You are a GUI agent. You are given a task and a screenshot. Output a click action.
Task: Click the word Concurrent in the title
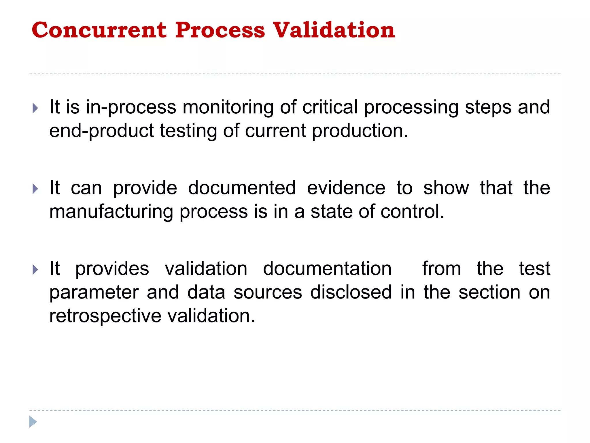99,30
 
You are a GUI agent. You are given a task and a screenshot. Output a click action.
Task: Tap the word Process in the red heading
220,30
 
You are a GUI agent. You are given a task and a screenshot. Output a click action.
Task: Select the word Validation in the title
334,30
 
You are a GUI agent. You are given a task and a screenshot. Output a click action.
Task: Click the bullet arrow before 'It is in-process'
35,108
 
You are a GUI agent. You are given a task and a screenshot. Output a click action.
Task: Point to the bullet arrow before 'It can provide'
35,189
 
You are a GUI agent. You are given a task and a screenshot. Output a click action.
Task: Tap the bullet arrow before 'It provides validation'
35,270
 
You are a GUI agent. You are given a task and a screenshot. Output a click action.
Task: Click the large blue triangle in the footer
33,422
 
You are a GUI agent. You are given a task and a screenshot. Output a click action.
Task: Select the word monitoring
228,107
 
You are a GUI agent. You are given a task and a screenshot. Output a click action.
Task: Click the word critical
330,107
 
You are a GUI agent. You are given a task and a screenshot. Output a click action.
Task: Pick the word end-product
101,131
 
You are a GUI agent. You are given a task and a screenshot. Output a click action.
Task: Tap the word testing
188,131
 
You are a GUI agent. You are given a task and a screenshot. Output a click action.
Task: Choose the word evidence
346,188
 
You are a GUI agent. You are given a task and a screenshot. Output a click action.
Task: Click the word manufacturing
111,212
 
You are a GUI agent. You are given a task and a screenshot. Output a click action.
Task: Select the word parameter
94,292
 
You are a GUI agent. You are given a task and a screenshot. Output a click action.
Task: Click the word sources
268,292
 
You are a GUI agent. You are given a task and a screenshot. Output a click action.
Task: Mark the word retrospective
105,316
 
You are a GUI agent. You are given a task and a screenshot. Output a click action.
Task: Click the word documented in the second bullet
242,188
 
